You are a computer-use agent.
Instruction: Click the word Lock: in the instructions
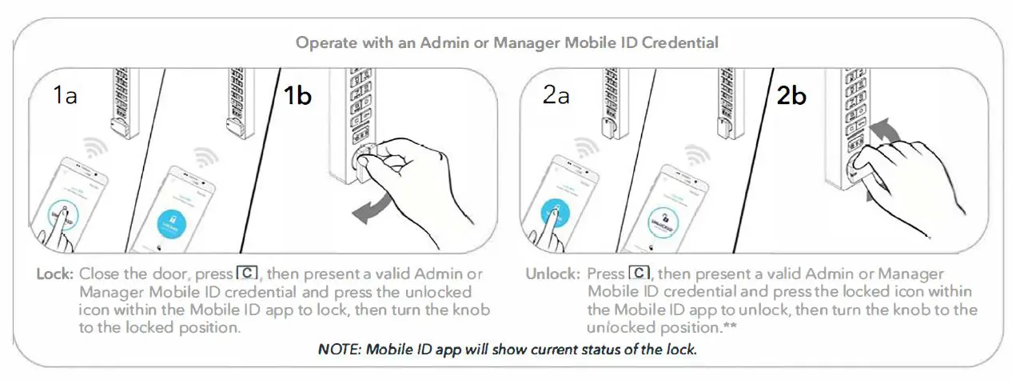tap(55, 274)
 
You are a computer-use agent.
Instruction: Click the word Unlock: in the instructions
tap(552, 274)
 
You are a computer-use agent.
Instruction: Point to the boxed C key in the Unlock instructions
tap(640, 274)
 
